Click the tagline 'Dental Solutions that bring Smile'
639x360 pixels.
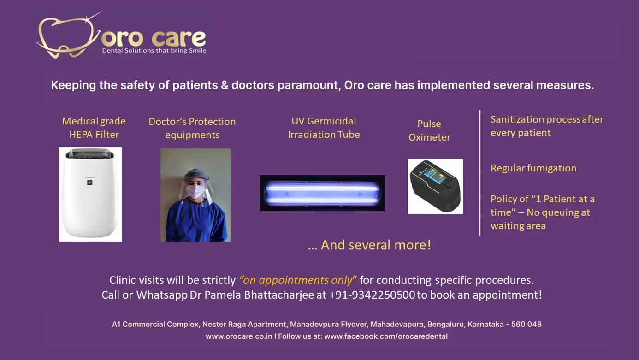154,50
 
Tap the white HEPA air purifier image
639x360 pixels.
90,194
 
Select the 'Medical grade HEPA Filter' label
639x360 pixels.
94,128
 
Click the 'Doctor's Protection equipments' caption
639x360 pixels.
192,128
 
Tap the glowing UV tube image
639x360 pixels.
322,193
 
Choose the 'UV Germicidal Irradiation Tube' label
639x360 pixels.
324,128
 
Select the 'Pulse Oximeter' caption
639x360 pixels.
429,130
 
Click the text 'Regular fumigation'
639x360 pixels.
533,168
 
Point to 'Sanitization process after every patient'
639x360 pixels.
547,126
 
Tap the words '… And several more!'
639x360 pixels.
369,245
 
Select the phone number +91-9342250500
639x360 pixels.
372,295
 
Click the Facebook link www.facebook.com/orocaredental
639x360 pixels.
386,336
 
